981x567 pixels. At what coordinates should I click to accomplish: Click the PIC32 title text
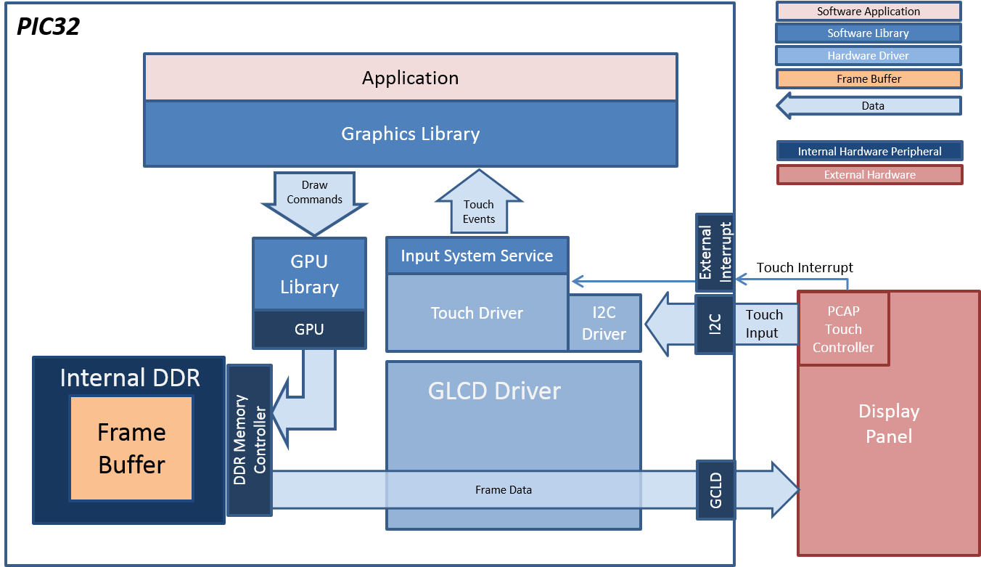(x=48, y=26)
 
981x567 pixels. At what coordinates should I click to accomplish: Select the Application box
(x=411, y=78)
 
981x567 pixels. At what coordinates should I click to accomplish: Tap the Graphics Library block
(x=411, y=134)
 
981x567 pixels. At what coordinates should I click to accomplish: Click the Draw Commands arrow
(x=314, y=203)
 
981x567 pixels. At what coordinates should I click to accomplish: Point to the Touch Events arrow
(x=479, y=203)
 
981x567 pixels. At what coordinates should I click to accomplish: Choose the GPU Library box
(x=309, y=274)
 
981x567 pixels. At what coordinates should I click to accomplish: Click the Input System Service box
(x=477, y=256)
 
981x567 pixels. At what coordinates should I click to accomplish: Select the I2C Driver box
(x=604, y=323)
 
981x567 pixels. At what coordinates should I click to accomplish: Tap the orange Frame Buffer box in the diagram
(x=131, y=448)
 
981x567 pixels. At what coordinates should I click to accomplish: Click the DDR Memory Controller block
(x=250, y=440)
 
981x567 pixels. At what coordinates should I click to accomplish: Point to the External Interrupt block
(x=715, y=253)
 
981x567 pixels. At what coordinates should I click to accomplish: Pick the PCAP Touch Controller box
(x=843, y=329)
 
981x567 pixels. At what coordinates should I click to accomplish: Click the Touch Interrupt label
(x=805, y=267)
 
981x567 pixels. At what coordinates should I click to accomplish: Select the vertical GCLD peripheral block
(x=715, y=490)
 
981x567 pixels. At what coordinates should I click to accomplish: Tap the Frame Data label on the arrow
(x=504, y=490)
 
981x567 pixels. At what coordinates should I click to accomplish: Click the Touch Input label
(x=764, y=323)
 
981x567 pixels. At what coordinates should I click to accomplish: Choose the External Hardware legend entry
(x=870, y=174)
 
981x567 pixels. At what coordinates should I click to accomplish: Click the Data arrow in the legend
(x=869, y=105)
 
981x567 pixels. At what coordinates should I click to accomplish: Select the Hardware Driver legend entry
(x=869, y=56)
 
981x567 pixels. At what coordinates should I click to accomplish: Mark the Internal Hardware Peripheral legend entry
(x=870, y=151)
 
